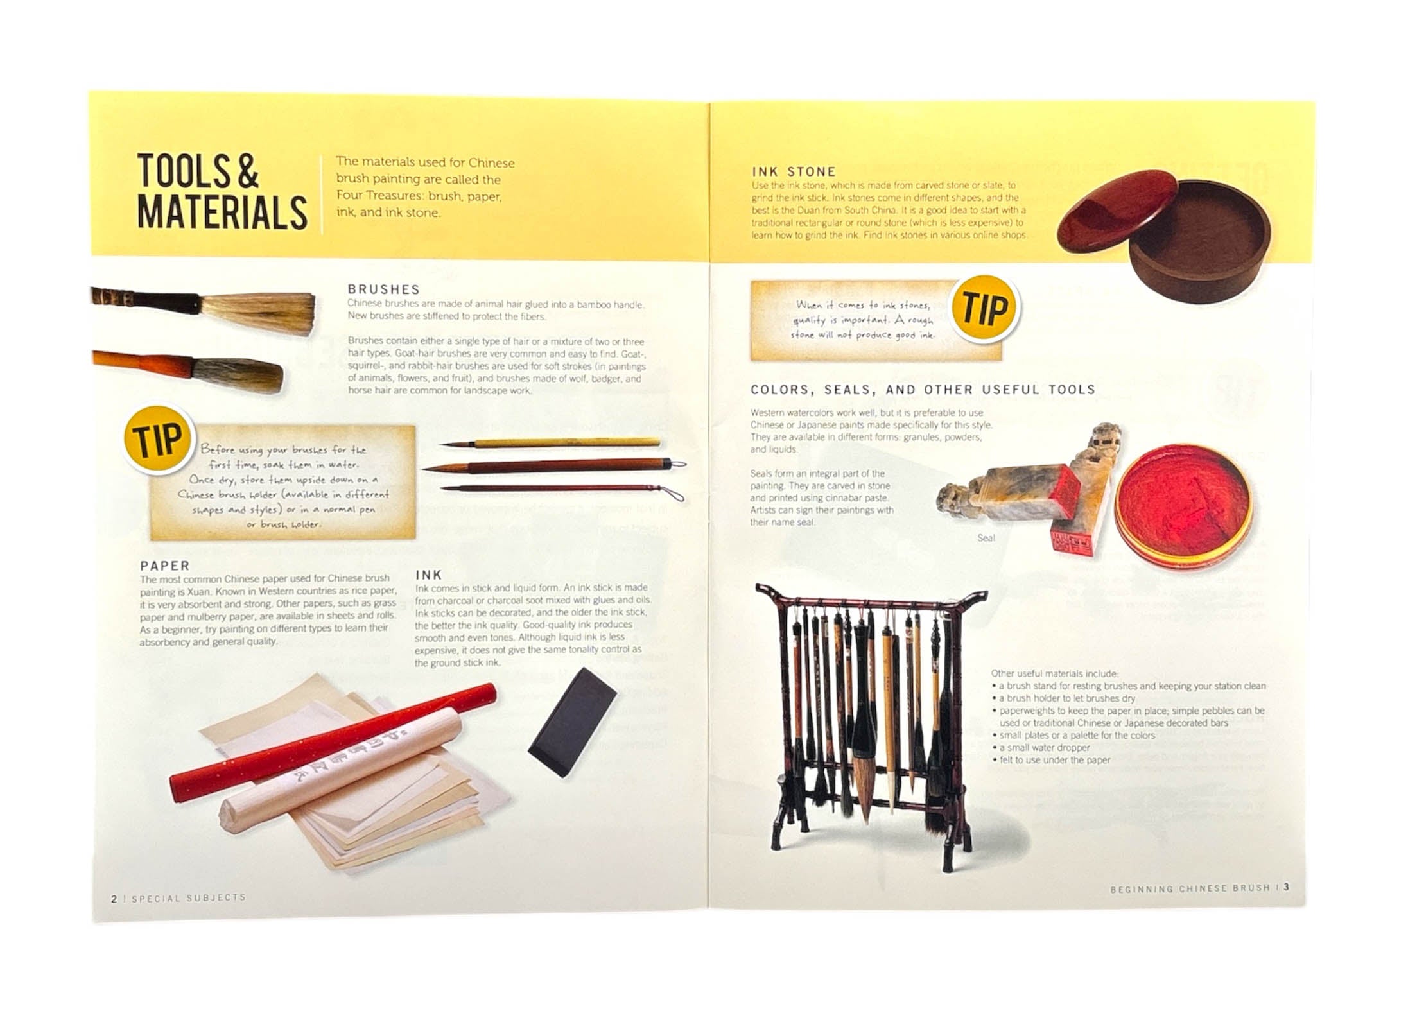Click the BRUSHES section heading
click(383, 289)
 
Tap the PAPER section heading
click(165, 566)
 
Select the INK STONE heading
click(794, 171)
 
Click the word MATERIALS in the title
click(222, 213)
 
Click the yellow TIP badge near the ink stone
click(986, 309)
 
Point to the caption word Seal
click(986, 538)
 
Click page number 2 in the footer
click(114, 899)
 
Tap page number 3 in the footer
click(1286, 887)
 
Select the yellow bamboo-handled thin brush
click(550, 443)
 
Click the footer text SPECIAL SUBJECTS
click(189, 898)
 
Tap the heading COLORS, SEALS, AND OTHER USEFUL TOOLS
click(923, 390)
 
